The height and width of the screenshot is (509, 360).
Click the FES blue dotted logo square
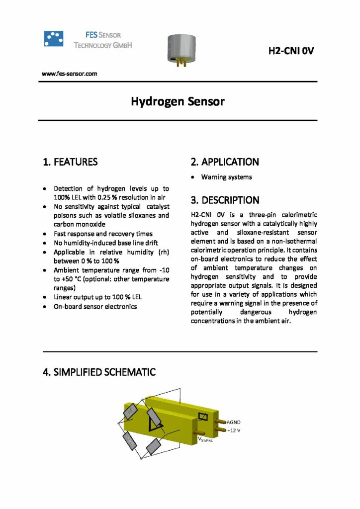pyautogui.click(x=54, y=39)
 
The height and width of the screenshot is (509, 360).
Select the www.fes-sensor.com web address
pyautogui.click(x=69, y=74)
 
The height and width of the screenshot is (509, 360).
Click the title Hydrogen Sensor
pyautogui.click(x=178, y=102)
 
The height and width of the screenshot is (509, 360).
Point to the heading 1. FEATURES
pyautogui.click(x=70, y=162)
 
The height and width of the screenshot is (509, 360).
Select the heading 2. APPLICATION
pyautogui.click(x=225, y=162)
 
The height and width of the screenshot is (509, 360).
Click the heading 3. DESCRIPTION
pyautogui.click(x=225, y=200)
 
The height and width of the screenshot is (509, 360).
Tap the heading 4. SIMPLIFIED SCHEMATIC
pyautogui.click(x=99, y=372)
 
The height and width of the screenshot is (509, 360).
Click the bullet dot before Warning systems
pyautogui.click(x=193, y=177)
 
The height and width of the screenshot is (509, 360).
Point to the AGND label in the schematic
pyautogui.click(x=234, y=422)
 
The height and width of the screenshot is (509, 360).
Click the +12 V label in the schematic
pyautogui.click(x=234, y=430)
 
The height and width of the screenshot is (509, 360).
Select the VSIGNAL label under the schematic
pyautogui.click(x=206, y=440)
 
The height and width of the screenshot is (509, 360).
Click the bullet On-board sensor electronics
pyautogui.click(x=95, y=306)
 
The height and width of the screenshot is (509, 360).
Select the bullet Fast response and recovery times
pyautogui.click(x=103, y=234)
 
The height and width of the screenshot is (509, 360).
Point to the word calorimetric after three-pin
pyautogui.click(x=294, y=215)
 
